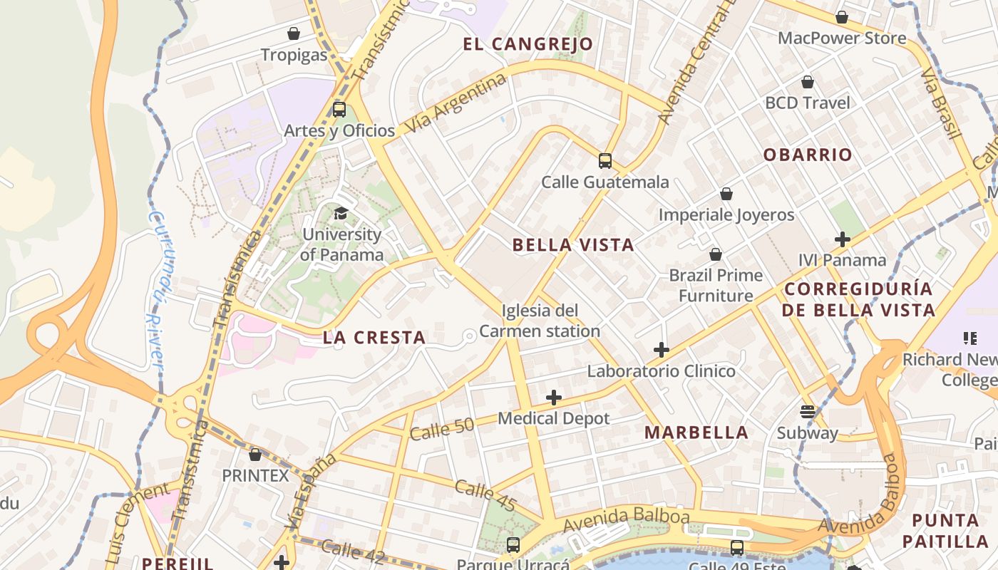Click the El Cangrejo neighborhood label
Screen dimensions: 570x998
528,44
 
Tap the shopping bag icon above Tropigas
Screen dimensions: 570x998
293,33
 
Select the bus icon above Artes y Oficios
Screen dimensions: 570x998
339,110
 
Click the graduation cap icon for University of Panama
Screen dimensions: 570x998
341,213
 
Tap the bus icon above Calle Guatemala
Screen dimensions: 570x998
605,161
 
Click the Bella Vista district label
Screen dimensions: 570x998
573,245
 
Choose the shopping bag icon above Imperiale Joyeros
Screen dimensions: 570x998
726,194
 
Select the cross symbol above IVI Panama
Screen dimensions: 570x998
843,239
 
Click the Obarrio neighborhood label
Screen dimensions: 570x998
808,155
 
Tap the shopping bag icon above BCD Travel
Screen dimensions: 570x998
808,83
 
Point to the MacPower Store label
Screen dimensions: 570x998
842,38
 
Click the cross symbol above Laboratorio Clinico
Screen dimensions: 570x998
662,350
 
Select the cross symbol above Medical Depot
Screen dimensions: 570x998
554,398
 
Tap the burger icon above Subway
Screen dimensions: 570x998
808,412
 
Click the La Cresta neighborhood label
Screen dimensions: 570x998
374,338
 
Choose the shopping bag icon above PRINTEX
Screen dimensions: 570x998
255,455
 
